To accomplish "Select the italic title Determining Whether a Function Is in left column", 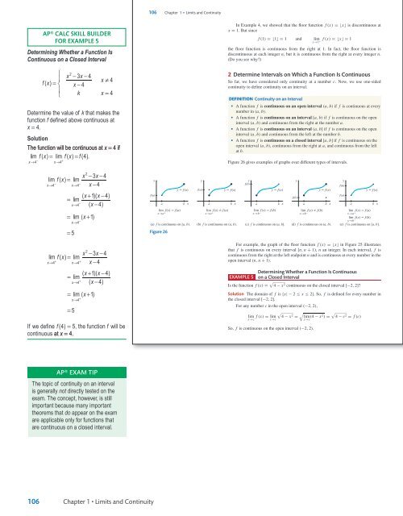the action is pyautogui.click(x=54, y=55).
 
